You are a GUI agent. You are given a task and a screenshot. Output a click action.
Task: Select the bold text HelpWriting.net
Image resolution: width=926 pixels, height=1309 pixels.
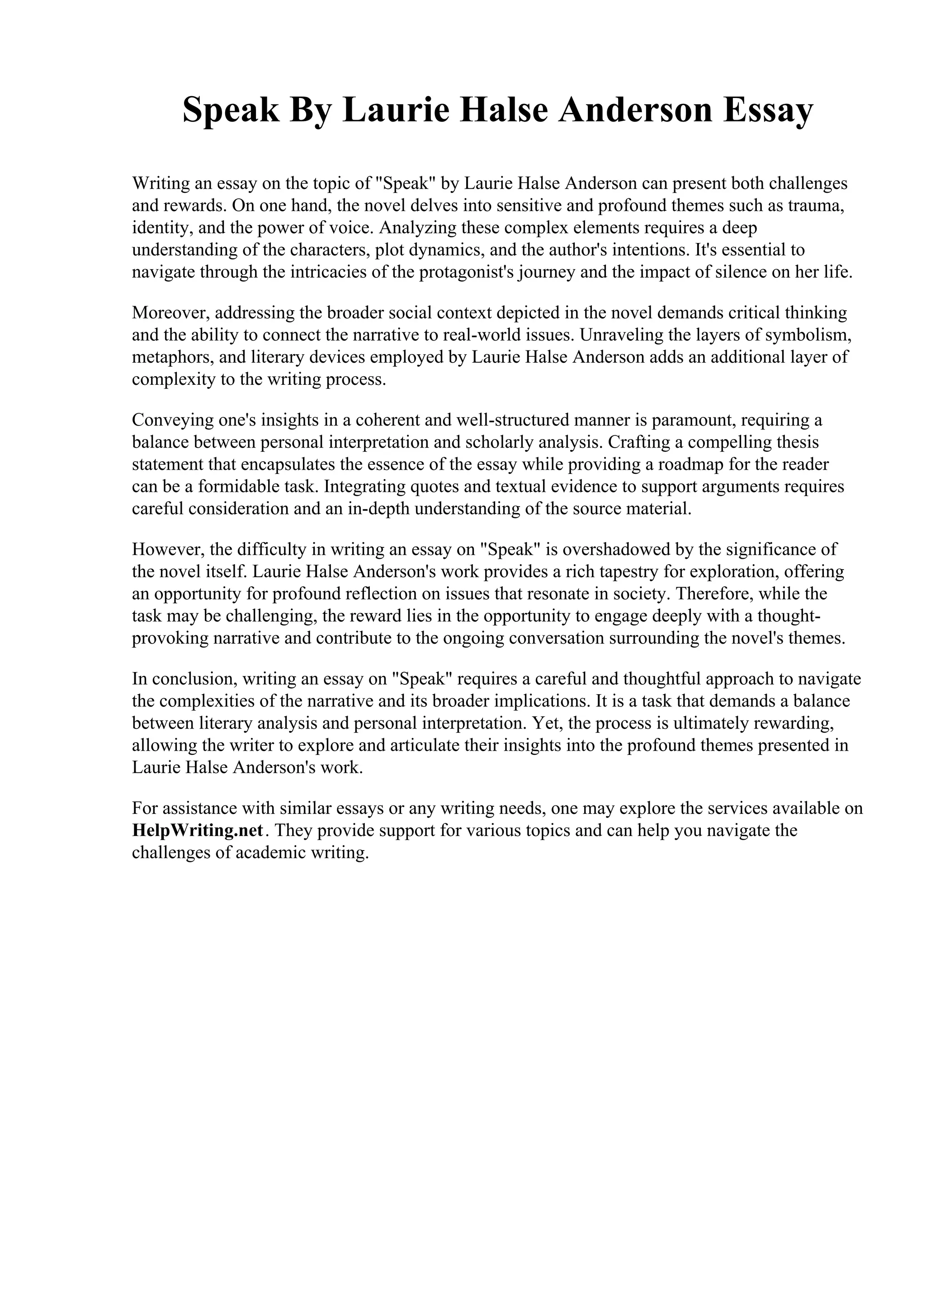pos(198,830)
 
